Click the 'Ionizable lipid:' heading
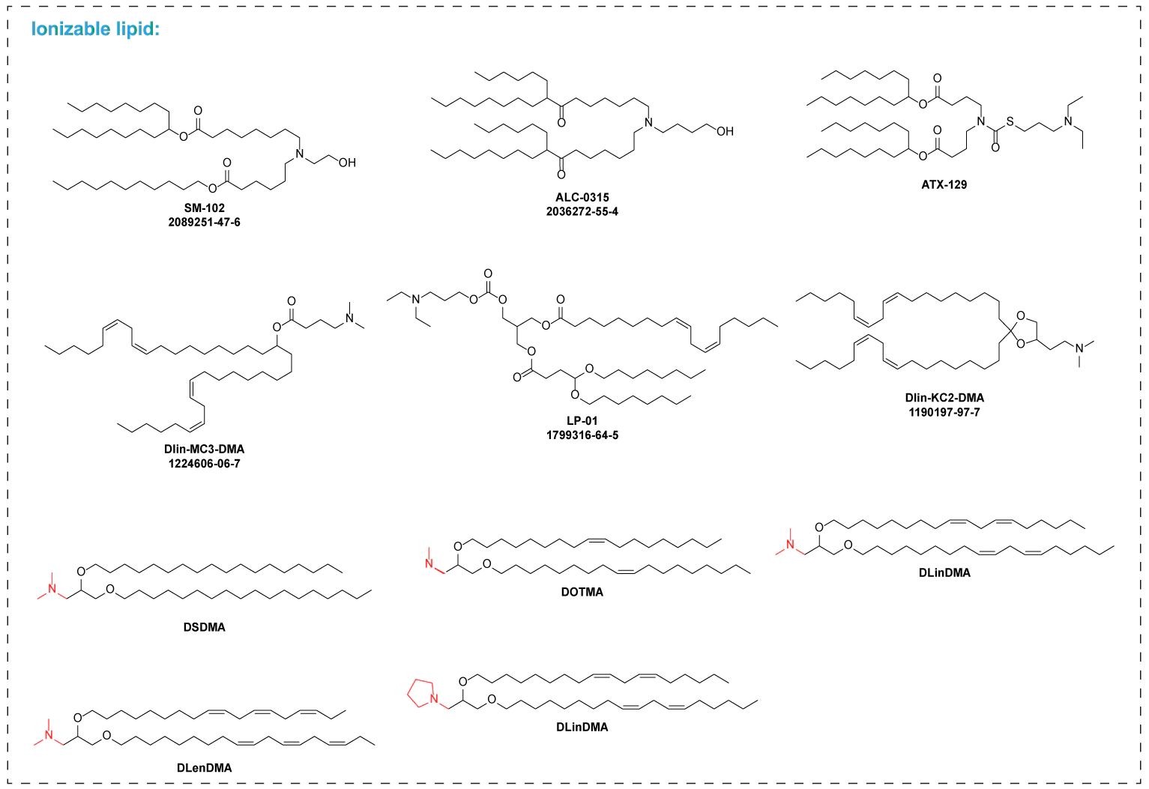[x=95, y=29]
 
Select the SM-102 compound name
[x=204, y=208]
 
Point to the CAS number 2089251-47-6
[x=204, y=222]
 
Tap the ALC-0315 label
[x=582, y=197]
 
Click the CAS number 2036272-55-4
[x=582, y=211]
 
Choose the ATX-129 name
[x=944, y=184]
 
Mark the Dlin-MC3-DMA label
[x=204, y=449]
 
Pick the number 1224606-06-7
[x=204, y=463]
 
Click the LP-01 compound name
[x=582, y=420]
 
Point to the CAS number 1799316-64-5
[x=582, y=435]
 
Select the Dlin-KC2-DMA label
[x=944, y=398]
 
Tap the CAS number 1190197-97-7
[x=944, y=412]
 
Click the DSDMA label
[x=204, y=627]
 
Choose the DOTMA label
[x=582, y=592]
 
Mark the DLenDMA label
[x=204, y=767]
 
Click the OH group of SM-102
[x=347, y=163]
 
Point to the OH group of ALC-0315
[x=725, y=131]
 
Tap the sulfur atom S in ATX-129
[x=1010, y=121]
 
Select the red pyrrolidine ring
[x=421, y=692]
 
